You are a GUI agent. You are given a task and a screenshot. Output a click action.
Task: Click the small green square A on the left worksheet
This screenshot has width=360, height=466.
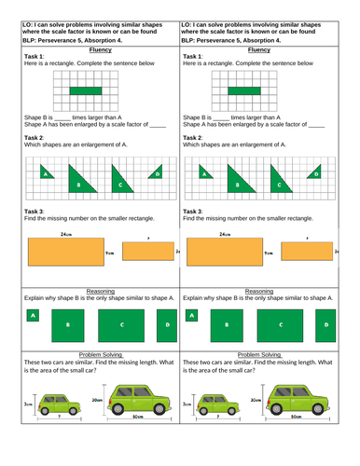(x=33, y=316)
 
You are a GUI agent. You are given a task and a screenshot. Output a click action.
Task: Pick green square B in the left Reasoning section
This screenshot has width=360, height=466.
(x=66, y=324)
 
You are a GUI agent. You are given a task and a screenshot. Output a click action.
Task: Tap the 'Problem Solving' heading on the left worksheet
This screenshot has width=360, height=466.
(x=90, y=354)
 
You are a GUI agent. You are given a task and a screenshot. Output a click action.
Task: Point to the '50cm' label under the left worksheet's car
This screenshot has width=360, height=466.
(x=137, y=416)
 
